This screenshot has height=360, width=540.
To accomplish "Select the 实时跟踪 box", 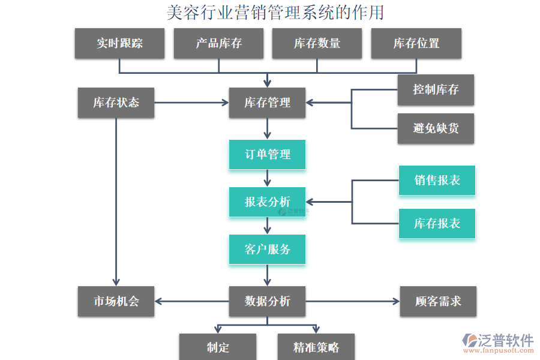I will coord(119,43).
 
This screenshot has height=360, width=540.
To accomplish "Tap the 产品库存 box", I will coord(218,43).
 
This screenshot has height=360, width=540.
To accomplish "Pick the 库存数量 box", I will coord(317,43).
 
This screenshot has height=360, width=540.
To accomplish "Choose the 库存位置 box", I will coord(416,43).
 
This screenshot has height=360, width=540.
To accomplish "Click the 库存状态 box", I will coord(116,103).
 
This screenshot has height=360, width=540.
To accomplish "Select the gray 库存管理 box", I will coord(267,103).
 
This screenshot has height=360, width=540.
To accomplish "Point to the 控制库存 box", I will coord(436,90).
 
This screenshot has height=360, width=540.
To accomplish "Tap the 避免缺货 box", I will coord(436,128).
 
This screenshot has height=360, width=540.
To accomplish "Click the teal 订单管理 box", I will coord(267,154).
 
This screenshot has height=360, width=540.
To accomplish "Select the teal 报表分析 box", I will coord(267,202).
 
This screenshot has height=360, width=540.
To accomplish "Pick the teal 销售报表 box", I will coord(437,181).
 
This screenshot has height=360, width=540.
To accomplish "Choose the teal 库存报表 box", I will coord(437,224).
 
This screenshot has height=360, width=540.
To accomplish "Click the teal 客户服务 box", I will coord(267,249).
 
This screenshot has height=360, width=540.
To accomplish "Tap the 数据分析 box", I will coord(267,301).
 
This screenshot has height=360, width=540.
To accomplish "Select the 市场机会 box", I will coord(116,301).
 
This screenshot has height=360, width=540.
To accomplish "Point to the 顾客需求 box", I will coord(438,301).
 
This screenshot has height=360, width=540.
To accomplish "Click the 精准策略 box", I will coord(316,347).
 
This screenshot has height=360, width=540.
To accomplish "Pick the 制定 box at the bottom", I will coord(218,347).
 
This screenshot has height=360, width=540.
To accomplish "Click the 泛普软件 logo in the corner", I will coord(497,344).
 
